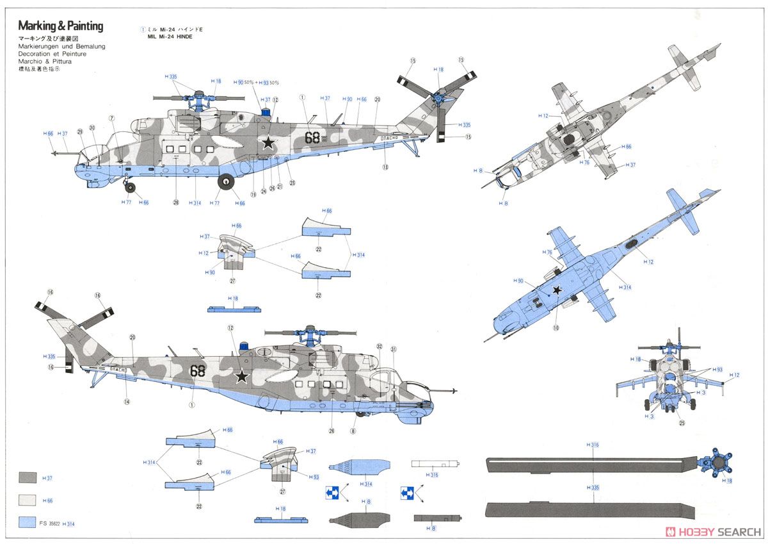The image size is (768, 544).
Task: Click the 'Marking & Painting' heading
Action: [x=60, y=26]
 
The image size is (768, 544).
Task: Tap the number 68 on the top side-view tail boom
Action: [x=312, y=136]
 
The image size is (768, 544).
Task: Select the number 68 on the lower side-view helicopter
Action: [x=198, y=370]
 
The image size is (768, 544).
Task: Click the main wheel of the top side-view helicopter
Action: [x=226, y=182]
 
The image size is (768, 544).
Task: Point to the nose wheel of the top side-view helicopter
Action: [x=131, y=188]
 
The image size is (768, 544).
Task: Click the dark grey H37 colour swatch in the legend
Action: [x=28, y=477]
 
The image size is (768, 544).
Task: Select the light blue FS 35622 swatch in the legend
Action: [x=28, y=522]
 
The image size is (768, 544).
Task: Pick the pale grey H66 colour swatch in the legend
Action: [x=28, y=500]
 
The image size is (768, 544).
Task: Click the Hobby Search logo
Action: [x=713, y=531]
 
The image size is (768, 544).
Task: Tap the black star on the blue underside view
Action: [x=557, y=290]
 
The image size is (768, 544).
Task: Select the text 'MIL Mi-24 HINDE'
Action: [x=166, y=37]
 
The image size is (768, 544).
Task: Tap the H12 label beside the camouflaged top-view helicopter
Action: [x=544, y=115]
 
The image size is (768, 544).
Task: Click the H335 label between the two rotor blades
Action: [x=592, y=488]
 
